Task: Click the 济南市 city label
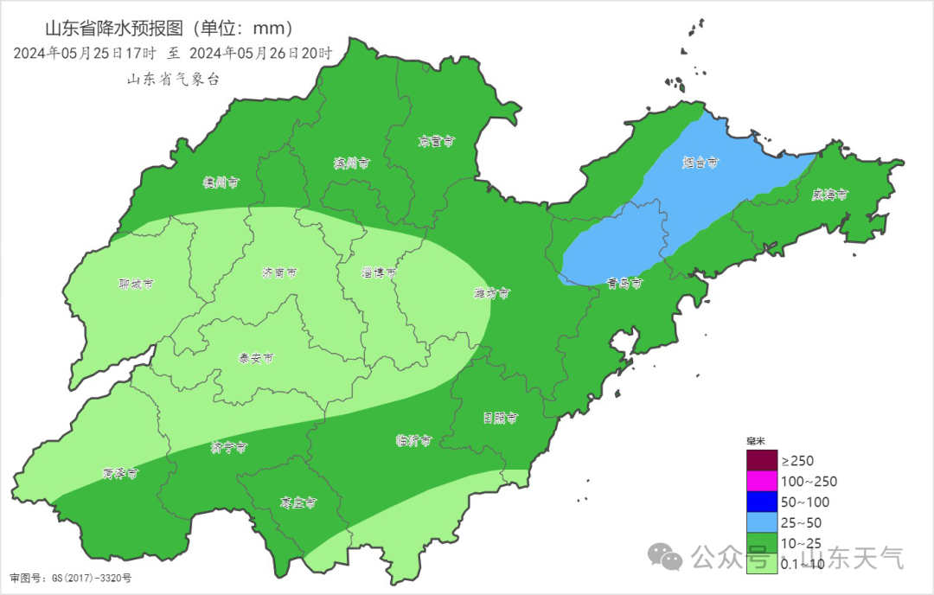(279, 272)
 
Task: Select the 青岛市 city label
(624, 283)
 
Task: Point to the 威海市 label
(830, 195)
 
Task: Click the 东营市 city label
(436, 140)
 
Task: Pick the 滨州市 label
(352, 163)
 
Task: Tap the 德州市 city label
(221, 182)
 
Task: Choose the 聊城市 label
(136, 284)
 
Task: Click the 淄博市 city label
(379, 272)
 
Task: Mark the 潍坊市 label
(491, 293)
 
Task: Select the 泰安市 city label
(256, 357)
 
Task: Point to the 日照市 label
(500, 418)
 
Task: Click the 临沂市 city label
(413, 440)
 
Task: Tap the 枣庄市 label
(297, 502)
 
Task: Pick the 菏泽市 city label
(119, 473)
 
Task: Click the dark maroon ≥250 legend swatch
(762, 460)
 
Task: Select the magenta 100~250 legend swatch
(762, 481)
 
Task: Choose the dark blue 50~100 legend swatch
(762, 502)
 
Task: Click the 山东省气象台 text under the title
(174, 79)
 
